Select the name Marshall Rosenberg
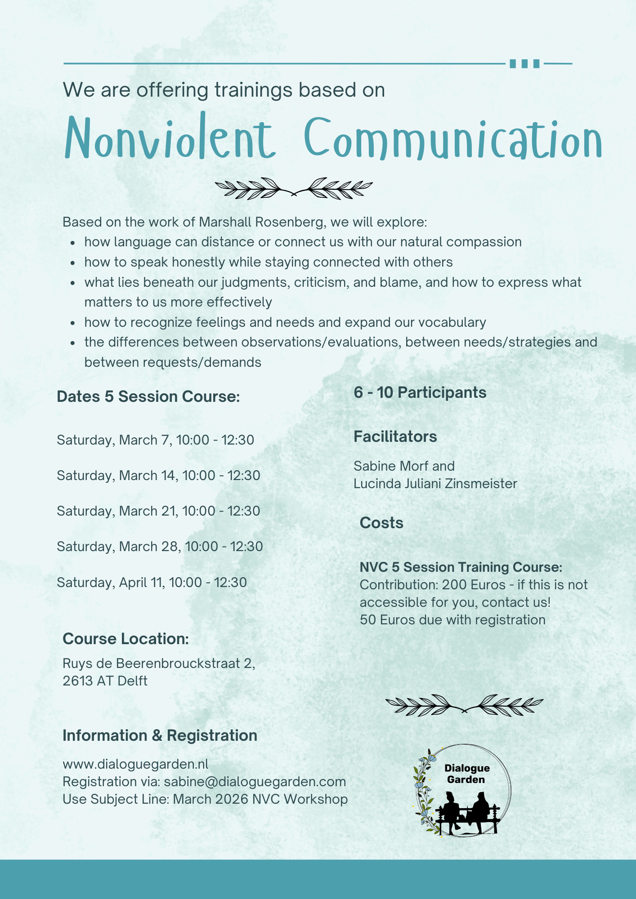[x=261, y=222]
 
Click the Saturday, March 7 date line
[x=155, y=440]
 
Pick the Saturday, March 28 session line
[x=160, y=547]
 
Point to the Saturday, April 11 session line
[x=152, y=583]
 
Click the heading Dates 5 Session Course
[x=148, y=396]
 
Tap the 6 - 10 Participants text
[x=420, y=392]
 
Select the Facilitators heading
[x=395, y=436]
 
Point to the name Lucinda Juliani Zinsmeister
[x=435, y=484]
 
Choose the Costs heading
[x=381, y=523]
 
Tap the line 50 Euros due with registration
[x=452, y=620]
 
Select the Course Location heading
[x=125, y=639]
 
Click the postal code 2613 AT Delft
[x=105, y=681]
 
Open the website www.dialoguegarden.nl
[x=135, y=764]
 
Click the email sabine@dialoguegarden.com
[x=255, y=782]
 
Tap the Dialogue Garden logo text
[x=466, y=774]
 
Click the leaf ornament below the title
[x=294, y=188]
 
